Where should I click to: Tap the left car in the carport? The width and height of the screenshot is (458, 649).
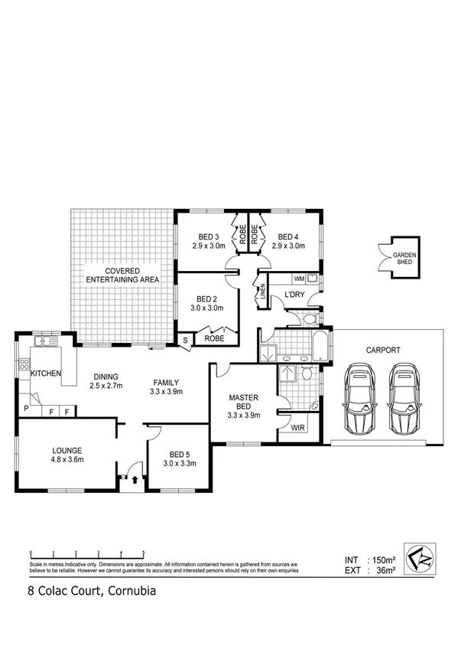tap(359, 399)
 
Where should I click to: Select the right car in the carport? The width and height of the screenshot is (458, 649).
tap(404, 399)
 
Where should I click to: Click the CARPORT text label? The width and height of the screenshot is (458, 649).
tap(383, 350)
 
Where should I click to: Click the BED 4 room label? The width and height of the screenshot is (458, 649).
tap(288, 241)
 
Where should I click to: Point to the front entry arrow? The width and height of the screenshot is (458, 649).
tap(136, 481)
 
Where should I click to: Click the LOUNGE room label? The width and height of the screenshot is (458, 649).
tap(57, 455)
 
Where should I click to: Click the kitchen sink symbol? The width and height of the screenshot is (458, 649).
tap(44, 341)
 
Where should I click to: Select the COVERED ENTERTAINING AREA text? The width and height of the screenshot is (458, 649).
tap(122, 276)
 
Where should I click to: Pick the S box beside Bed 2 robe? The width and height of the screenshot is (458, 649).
tap(184, 341)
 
